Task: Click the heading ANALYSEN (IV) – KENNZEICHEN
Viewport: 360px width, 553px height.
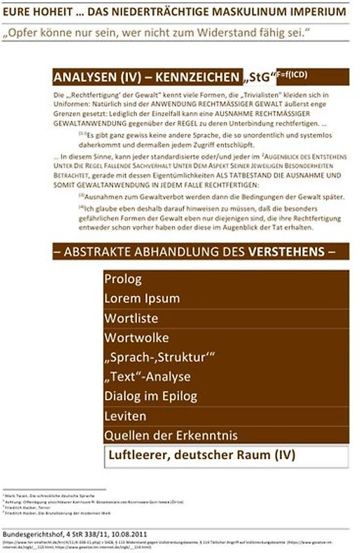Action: (146, 77)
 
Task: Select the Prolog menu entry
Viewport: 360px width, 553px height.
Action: (123, 279)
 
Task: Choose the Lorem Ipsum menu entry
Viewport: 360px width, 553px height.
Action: (142, 299)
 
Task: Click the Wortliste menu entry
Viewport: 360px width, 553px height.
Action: (131, 319)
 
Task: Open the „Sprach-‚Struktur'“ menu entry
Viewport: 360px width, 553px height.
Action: (159, 357)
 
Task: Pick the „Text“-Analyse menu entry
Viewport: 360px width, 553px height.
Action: (146, 377)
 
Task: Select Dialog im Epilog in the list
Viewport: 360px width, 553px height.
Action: (151, 396)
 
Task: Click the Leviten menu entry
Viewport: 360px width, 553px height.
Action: (125, 416)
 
